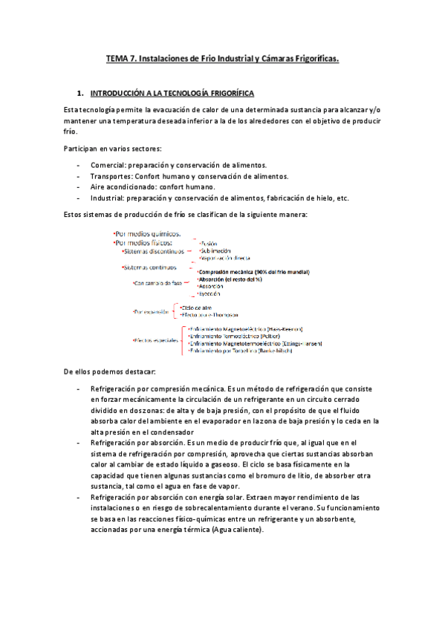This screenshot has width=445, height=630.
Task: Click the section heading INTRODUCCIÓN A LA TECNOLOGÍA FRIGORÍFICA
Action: click(171, 94)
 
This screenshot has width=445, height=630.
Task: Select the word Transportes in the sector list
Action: click(114, 176)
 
